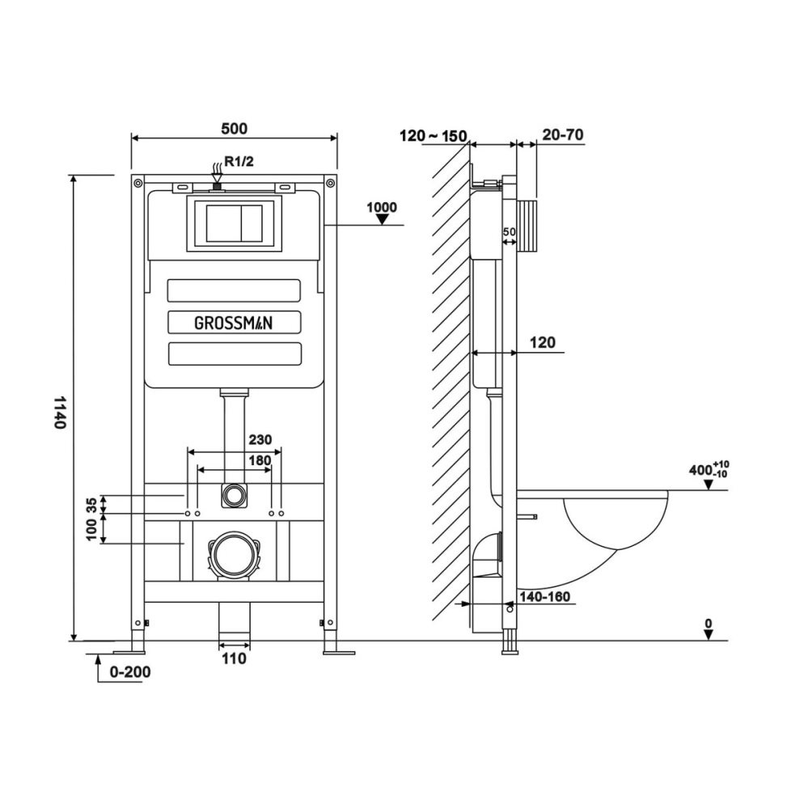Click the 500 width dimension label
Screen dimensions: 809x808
click(x=234, y=128)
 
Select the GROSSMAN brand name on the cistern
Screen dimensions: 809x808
click(x=234, y=322)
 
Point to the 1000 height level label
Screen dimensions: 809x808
click(x=382, y=207)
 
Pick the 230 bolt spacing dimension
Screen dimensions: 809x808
click(x=260, y=440)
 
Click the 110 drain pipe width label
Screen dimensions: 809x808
click(x=234, y=659)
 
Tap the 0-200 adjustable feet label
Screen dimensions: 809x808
click(x=129, y=671)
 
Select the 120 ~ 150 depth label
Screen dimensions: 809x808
click(x=433, y=136)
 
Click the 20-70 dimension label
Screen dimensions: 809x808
click(x=563, y=135)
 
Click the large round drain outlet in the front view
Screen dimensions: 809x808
click(x=234, y=555)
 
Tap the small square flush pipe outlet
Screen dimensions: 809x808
click(x=234, y=495)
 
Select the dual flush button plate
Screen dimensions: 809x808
click(x=234, y=223)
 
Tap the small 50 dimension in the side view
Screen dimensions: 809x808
click(x=509, y=232)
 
